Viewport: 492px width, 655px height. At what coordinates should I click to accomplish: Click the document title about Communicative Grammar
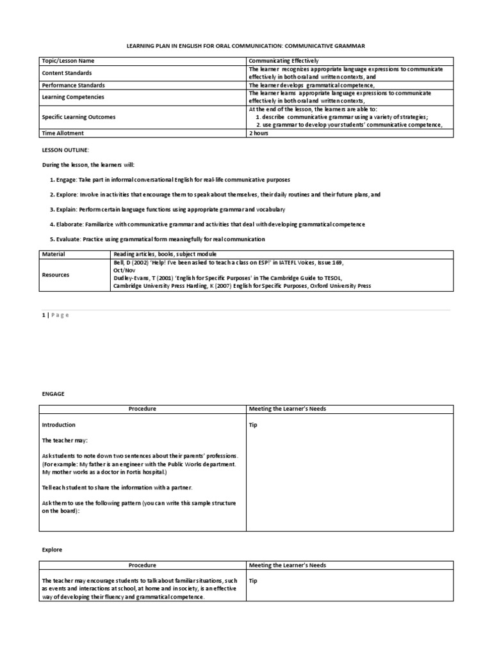click(x=246, y=45)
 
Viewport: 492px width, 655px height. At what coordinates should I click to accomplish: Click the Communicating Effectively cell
click(x=283, y=61)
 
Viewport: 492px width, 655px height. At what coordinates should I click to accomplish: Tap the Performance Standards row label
click(x=73, y=85)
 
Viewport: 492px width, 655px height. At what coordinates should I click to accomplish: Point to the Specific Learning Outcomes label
click(x=78, y=117)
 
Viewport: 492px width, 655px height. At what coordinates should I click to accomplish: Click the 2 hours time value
click(x=259, y=133)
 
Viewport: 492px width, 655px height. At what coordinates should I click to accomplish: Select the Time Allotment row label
click(x=63, y=133)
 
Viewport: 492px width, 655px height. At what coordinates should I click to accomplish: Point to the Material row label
click(x=54, y=254)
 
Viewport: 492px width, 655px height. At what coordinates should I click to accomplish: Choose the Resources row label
click(x=56, y=274)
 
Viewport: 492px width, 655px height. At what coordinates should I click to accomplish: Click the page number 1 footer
click(x=44, y=315)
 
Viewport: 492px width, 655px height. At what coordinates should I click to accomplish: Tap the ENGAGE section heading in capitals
click(x=53, y=394)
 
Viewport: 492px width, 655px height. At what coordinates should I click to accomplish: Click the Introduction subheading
click(x=58, y=425)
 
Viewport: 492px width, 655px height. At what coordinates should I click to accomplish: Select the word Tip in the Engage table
click(x=253, y=425)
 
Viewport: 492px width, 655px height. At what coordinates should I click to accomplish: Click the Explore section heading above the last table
click(x=52, y=549)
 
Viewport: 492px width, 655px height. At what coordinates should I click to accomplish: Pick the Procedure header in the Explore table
click(x=142, y=565)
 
